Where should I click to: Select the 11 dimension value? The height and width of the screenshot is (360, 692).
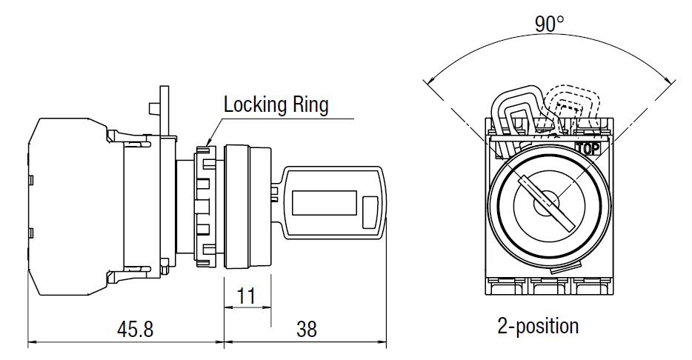pyautogui.click(x=246, y=296)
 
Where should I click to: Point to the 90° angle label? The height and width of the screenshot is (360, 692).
pyautogui.click(x=550, y=24)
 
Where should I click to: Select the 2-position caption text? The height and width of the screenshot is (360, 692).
pyautogui.click(x=538, y=325)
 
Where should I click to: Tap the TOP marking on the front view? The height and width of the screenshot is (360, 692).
pyautogui.click(x=586, y=147)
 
